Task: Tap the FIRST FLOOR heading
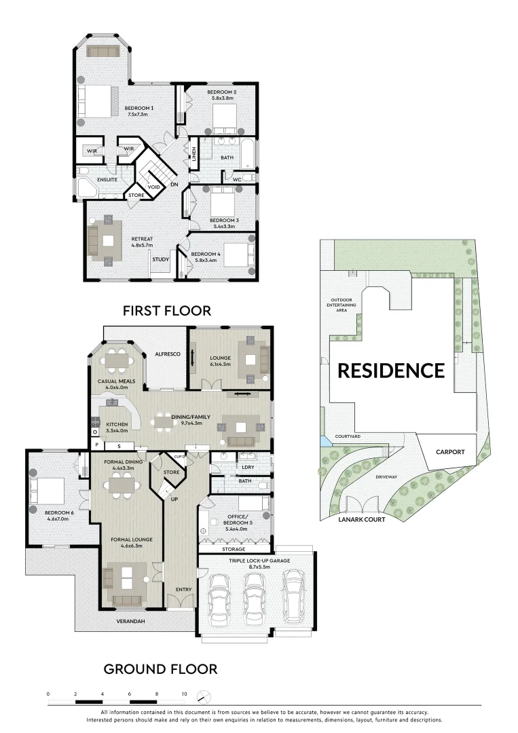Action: (x=166, y=311)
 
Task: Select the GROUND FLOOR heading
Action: (x=160, y=669)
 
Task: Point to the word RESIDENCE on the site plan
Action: (x=391, y=371)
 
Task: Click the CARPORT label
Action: (x=450, y=451)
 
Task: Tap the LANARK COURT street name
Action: (x=361, y=519)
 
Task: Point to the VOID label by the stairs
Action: (x=153, y=187)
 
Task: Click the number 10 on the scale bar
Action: (x=184, y=694)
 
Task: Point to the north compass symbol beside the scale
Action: (x=203, y=696)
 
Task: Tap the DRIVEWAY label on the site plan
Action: (x=386, y=477)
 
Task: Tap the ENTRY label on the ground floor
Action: (x=183, y=589)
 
